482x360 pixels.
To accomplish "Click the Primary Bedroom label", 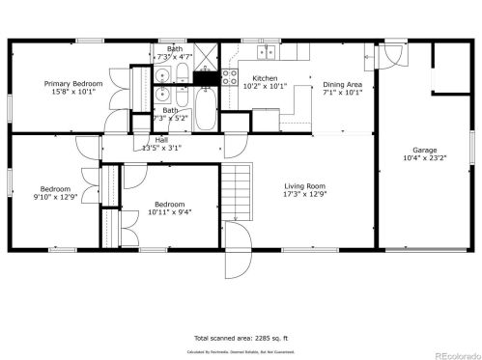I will (68, 84).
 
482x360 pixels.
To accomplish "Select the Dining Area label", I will (341, 84).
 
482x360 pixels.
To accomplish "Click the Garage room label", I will (425, 151).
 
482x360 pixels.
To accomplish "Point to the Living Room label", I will (303, 185).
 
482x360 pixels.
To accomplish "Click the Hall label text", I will (161, 140).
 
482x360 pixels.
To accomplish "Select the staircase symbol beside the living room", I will (238, 182).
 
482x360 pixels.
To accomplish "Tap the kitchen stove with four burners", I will (231, 74).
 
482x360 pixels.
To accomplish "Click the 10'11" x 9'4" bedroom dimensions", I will (170, 212).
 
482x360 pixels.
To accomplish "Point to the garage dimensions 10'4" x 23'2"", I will (425, 159).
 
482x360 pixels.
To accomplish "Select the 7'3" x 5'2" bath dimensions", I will (170, 118).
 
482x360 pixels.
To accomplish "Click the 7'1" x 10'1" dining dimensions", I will (341, 94).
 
